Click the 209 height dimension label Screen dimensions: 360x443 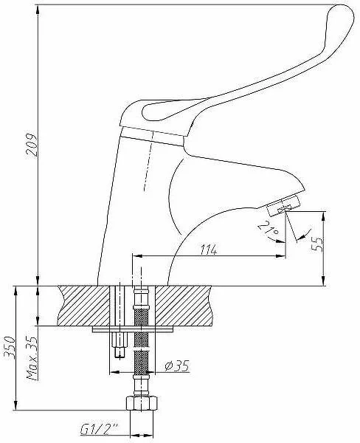click(x=32, y=145)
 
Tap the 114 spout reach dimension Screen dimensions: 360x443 click(x=209, y=250)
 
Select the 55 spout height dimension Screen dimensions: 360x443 click(x=317, y=244)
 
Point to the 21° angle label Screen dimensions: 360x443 click(x=267, y=227)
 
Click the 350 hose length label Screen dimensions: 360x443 click(x=11, y=348)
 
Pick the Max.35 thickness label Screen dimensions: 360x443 click(x=32, y=357)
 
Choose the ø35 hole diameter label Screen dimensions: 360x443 click(x=177, y=366)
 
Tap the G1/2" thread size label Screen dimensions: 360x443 click(x=99, y=430)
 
